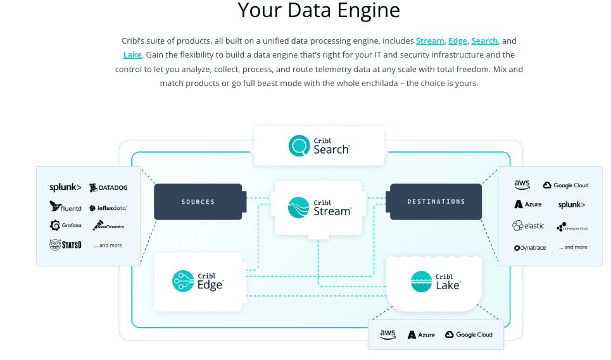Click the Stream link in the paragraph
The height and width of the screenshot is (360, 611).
[430, 41]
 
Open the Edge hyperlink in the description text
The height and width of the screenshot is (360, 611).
[457, 41]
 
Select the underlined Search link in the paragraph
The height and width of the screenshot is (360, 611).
[484, 41]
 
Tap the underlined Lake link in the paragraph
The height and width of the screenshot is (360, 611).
[132, 55]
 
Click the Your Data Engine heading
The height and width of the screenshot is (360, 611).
[319, 10]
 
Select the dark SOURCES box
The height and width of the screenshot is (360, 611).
[198, 202]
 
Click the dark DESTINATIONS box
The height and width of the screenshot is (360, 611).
[436, 202]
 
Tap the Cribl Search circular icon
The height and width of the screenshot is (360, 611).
[298, 146]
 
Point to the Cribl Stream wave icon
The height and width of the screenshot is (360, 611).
[298, 208]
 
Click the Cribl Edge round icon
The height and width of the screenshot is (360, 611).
[183, 281]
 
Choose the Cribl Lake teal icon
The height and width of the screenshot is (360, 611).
[421, 281]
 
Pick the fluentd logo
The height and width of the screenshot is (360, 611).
[65, 206]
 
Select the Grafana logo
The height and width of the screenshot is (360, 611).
[65, 225]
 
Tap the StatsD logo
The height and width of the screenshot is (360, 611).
[65, 244]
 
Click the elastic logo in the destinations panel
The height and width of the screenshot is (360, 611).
[528, 226]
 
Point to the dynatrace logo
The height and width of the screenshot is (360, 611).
[529, 247]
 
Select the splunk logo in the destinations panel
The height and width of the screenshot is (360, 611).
[571, 205]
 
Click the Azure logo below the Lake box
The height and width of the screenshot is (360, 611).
[421, 335]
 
